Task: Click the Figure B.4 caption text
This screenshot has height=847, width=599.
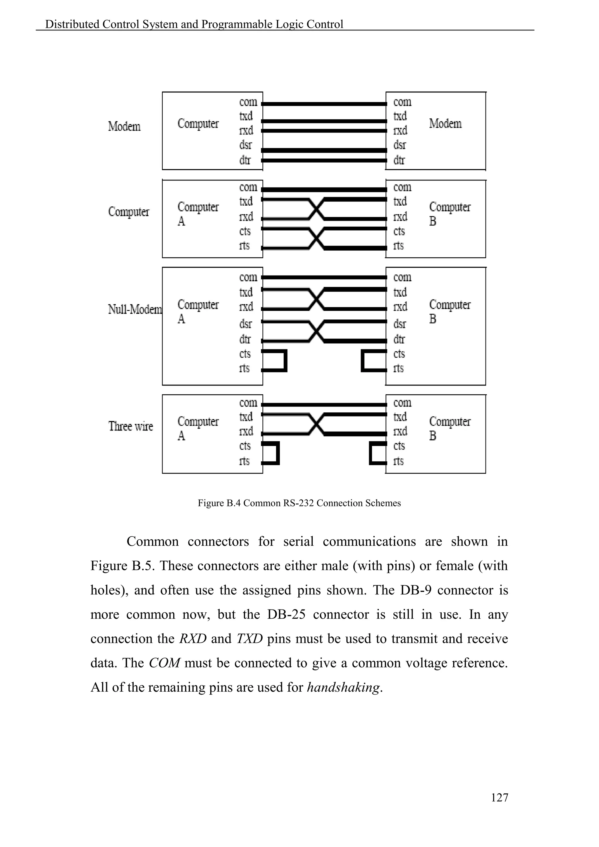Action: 299,503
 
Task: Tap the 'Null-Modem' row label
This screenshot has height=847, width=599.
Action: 135,309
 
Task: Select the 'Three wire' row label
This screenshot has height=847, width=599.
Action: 130,426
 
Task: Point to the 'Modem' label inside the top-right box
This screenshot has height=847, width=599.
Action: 445,124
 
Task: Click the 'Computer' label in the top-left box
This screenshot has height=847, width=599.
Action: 198,124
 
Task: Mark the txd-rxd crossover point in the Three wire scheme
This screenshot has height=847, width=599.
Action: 316,424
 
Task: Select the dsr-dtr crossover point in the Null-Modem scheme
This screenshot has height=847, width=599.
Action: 316,331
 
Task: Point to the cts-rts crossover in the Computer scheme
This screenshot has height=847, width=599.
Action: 316,238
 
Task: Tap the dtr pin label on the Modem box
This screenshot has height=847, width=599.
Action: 399,160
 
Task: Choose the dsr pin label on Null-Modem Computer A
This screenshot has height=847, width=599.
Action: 245,324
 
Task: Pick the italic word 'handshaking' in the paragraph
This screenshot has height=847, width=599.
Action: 343,687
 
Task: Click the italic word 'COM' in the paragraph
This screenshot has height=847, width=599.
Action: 164,663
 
